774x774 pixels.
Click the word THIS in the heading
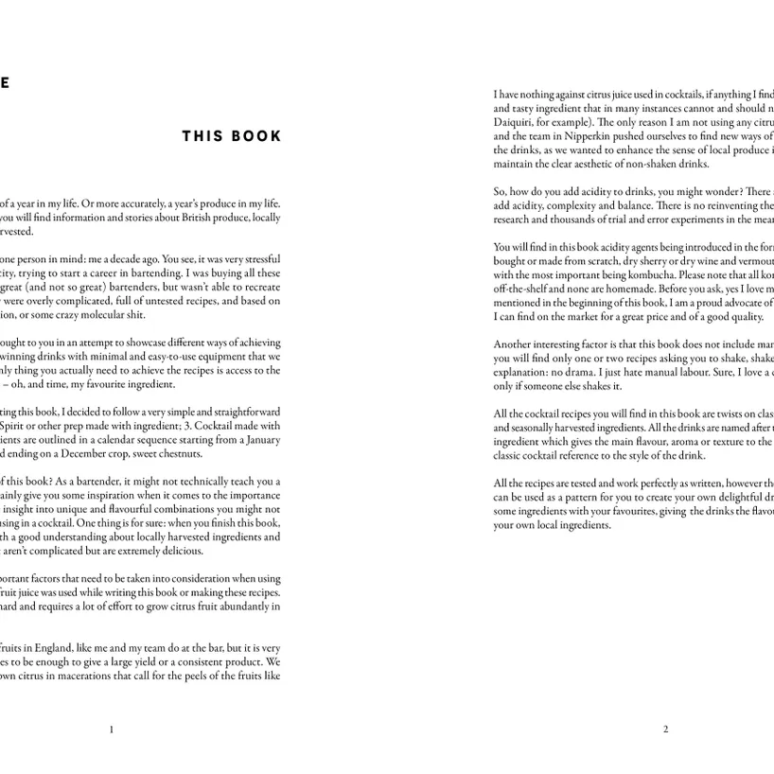202,136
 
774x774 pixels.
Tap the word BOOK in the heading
256,136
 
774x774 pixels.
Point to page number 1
112,730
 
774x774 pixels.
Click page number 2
665,730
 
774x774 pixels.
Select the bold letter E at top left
4,82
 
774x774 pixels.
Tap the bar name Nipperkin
584,136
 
